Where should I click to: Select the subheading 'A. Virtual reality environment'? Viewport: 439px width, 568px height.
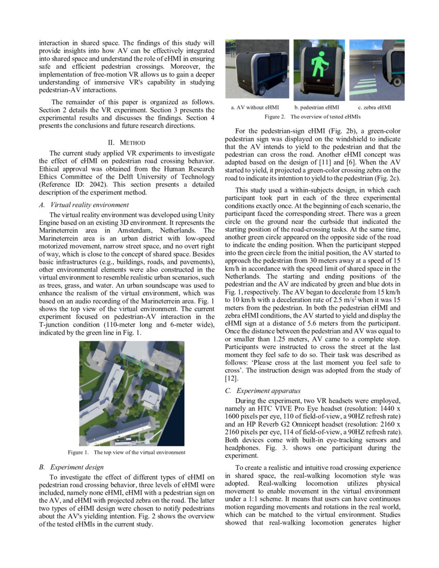pos(84,204)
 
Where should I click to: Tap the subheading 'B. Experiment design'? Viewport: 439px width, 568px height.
pos(71,467)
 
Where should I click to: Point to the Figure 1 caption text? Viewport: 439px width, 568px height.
pos(127,453)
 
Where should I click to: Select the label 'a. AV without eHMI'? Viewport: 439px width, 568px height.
pos(255,107)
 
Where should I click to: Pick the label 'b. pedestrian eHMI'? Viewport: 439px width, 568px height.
pos(317,107)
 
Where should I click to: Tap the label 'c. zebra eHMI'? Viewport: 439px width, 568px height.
pos(374,107)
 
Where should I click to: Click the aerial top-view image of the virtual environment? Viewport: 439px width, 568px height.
pos(131,393)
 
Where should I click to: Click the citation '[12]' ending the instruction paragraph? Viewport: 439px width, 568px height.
pos(231,379)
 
